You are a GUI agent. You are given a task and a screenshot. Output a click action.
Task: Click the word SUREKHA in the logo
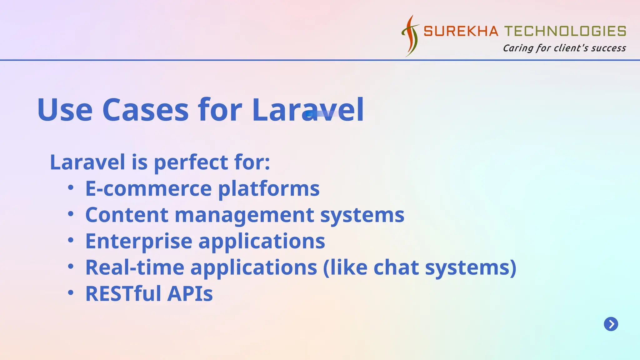(x=461, y=31)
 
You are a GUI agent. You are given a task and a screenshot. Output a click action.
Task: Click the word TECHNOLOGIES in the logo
(x=565, y=31)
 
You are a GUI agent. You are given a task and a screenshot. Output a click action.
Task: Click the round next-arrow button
(x=611, y=324)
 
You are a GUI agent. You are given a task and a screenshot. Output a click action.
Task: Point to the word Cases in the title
(x=145, y=110)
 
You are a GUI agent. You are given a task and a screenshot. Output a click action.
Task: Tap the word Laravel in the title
(x=308, y=110)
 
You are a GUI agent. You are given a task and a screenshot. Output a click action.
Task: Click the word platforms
(x=269, y=189)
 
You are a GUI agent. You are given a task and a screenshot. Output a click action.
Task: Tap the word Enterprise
(x=139, y=241)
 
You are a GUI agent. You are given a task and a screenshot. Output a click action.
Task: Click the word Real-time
(x=135, y=267)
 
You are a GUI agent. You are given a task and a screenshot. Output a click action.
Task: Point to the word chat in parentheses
(x=396, y=267)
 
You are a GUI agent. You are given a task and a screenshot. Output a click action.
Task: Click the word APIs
(x=190, y=294)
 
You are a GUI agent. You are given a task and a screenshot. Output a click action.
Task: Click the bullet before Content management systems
(x=71, y=214)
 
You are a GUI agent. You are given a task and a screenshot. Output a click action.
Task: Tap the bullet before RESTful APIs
(x=71, y=293)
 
